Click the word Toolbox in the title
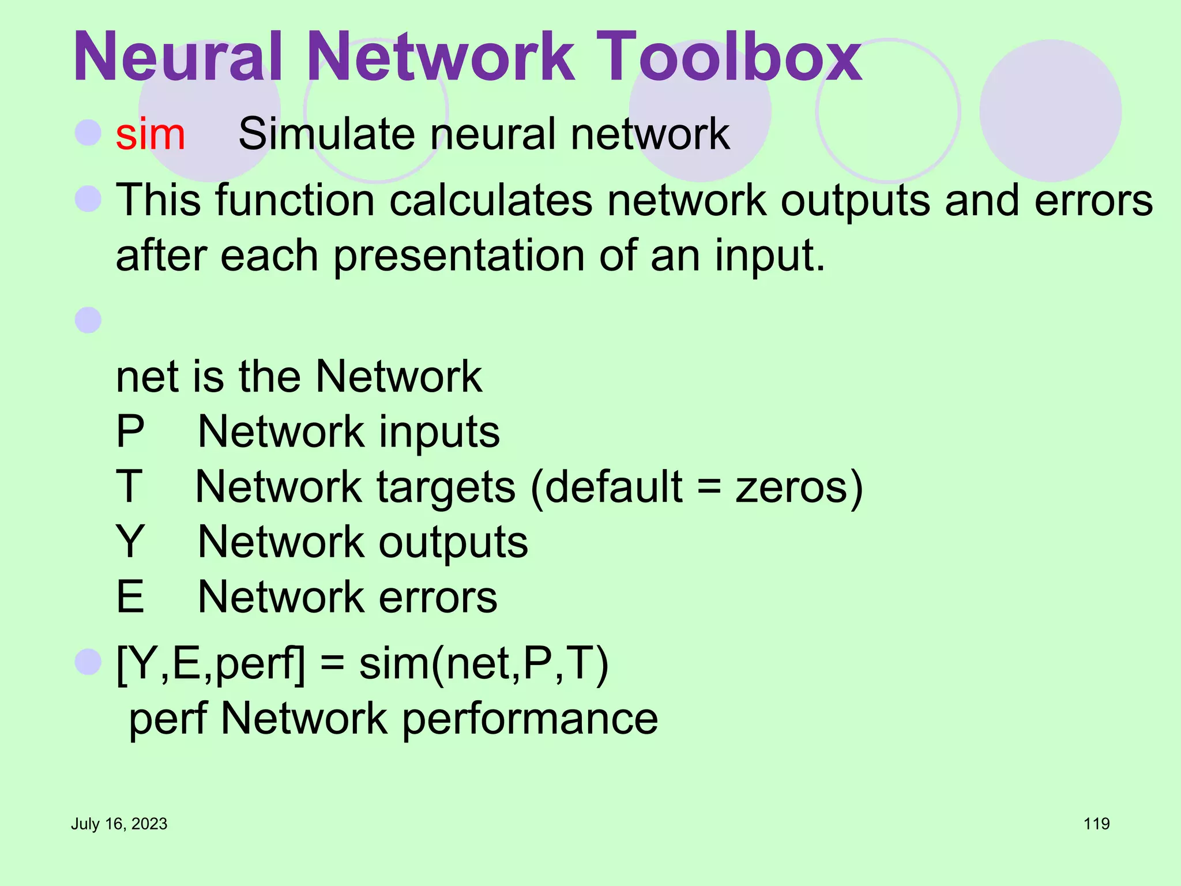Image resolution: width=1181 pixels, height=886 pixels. (728, 57)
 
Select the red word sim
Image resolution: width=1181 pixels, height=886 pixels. (151, 134)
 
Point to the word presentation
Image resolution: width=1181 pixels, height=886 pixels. (459, 256)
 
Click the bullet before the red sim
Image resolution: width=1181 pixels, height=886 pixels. (88, 133)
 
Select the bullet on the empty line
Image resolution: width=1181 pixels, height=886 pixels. (88, 320)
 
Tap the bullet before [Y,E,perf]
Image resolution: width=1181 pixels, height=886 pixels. (88, 662)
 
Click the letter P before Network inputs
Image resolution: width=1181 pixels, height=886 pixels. (130, 431)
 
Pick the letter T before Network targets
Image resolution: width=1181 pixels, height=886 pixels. (129, 487)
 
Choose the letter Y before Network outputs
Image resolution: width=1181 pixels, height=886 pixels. (130, 542)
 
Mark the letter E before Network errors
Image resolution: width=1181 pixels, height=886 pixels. (130, 597)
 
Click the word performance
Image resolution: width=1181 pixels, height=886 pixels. (529, 719)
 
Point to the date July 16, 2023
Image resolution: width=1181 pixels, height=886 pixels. (119, 824)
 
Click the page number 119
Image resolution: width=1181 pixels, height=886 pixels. (1096, 824)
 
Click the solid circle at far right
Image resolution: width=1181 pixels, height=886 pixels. (1050, 111)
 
